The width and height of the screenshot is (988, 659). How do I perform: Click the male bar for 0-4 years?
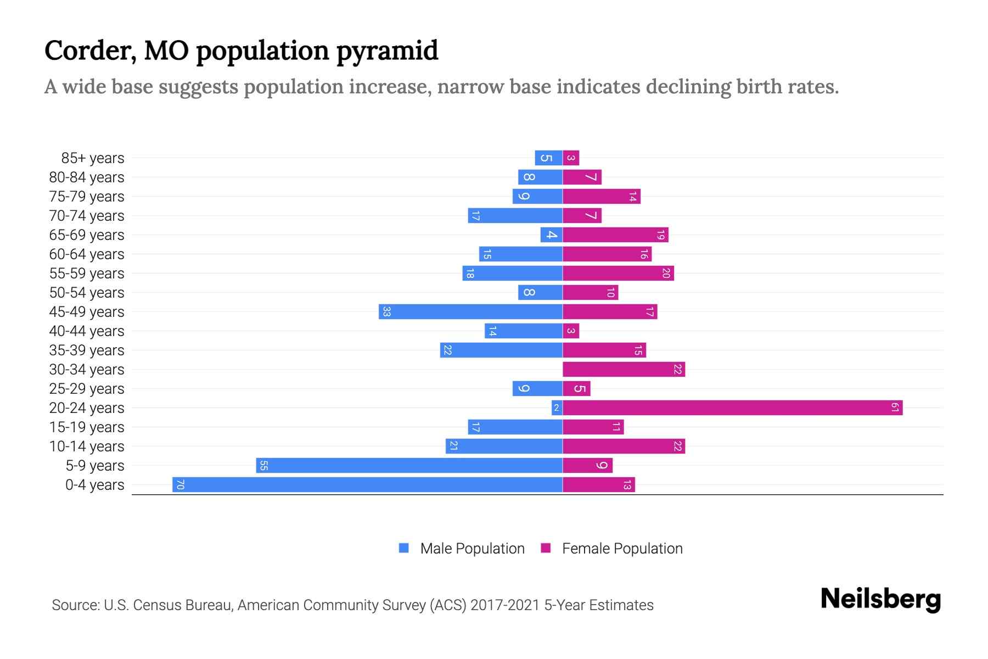[x=368, y=484]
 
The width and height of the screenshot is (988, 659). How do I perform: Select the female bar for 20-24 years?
[x=732, y=407]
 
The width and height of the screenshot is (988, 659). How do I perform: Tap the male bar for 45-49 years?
[x=470, y=311]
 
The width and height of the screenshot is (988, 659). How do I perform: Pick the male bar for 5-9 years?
[x=409, y=465]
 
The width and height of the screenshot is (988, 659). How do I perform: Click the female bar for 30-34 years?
[x=624, y=369]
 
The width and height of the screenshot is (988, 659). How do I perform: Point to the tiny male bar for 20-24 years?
[x=557, y=407]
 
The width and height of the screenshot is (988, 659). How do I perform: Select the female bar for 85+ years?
[x=571, y=158]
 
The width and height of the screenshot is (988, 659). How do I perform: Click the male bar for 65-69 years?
[x=551, y=234]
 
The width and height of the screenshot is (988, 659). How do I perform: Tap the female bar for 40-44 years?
[x=571, y=331]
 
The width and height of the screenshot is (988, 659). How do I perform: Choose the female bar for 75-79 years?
[x=602, y=196]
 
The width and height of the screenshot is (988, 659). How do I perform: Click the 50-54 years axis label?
[x=87, y=292]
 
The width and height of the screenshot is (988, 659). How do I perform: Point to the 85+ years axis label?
[x=93, y=158]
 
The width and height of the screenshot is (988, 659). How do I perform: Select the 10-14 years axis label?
[x=87, y=446]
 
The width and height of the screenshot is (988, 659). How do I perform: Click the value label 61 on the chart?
[x=895, y=407]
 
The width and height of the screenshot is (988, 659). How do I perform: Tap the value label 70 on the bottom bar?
[x=180, y=484]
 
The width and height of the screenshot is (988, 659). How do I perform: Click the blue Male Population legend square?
[x=404, y=548]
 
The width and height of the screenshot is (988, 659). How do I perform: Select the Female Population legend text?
[x=622, y=548]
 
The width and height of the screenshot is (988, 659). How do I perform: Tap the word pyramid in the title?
[x=387, y=51]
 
